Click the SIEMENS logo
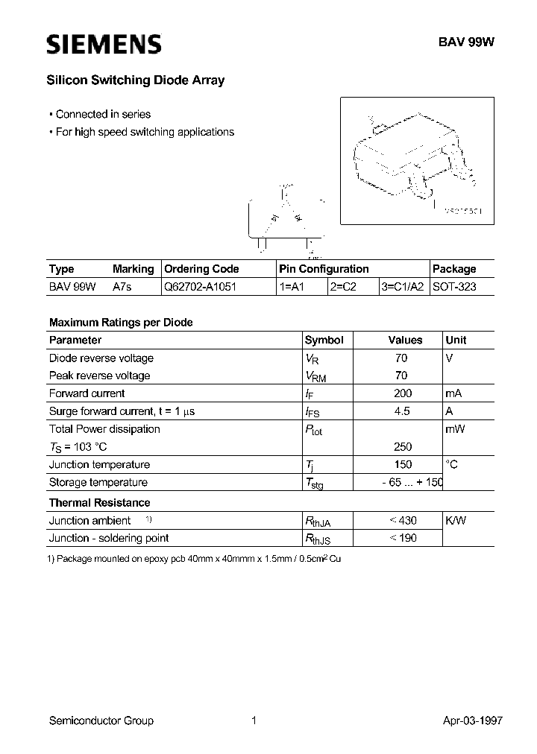click(x=104, y=45)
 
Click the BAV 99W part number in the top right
click(x=459, y=42)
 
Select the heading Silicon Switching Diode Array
click(x=136, y=80)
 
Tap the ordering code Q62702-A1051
click(x=200, y=286)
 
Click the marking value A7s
click(x=122, y=286)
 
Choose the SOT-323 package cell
click(x=453, y=286)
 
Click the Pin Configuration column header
click(x=324, y=269)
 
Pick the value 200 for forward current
click(x=401, y=393)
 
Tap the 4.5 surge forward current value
click(x=401, y=411)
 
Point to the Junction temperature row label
click(x=99, y=464)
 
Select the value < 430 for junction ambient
click(x=403, y=520)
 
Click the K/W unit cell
click(x=455, y=520)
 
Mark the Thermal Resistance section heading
click(x=99, y=502)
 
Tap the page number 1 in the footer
click(x=254, y=720)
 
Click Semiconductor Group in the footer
click(x=101, y=720)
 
